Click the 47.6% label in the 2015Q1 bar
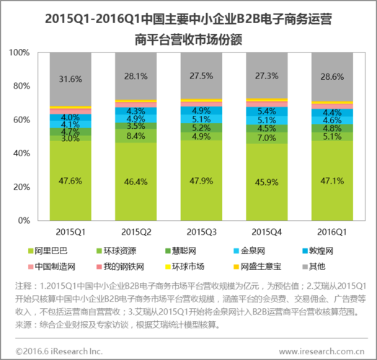coord(70,180)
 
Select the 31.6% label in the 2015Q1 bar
coord(70,79)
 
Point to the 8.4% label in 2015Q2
coord(136,135)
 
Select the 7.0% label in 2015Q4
coord(267,138)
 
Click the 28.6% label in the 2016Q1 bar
coord(332,76)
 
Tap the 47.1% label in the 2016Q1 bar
coord(332,180)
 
